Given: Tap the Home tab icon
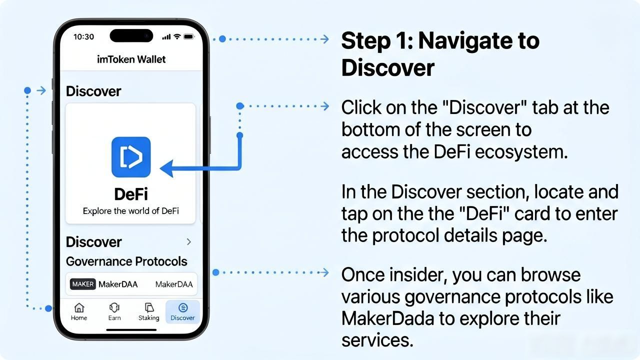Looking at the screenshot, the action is click(x=79, y=307).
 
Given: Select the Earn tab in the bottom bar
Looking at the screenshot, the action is click(x=114, y=311).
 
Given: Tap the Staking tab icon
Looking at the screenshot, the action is click(x=149, y=307).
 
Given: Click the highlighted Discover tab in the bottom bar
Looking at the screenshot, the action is click(x=182, y=311).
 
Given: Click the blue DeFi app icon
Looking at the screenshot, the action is click(x=131, y=157).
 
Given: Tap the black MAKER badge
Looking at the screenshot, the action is click(x=83, y=284).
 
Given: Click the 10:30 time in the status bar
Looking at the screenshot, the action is click(x=83, y=36).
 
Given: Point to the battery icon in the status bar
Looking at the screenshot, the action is click(x=189, y=36).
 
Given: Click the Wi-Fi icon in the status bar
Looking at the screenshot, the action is click(x=177, y=36).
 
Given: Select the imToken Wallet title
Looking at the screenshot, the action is click(x=131, y=59).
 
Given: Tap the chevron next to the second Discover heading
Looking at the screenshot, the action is click(x=189, y=242).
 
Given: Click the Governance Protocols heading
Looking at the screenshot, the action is click(x=126, y=261).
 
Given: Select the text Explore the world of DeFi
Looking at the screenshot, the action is click(x=131, y=211).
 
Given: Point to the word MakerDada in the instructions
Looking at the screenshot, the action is click(x=387, y=318).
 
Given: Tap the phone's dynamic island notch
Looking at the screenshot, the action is click(x=131, y=35).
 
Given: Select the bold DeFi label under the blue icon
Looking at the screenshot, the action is click(x=131, y=194).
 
